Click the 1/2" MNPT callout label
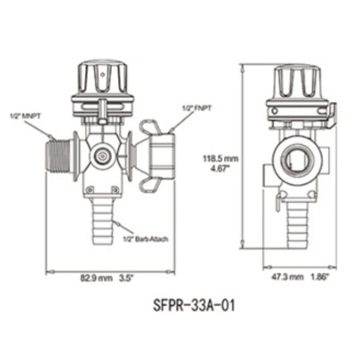click(x=25, y=116)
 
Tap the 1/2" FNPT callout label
click(x=196, y=108)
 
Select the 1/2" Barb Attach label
click(x=146, y=239)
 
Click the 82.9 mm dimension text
click(x=97, y=279)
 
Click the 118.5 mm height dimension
click(x=220, y=159)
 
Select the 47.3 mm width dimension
click(x=287, y=277)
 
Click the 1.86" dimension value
click(x=320, y=277)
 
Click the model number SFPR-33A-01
click(x=194, y=306)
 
